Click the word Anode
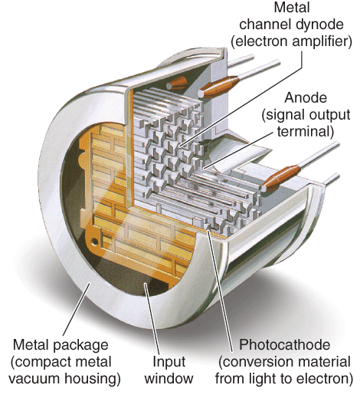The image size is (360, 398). pyautogui.click(x=306, y=99)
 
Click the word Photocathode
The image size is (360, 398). pyautogui.click(x=284, y=344)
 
